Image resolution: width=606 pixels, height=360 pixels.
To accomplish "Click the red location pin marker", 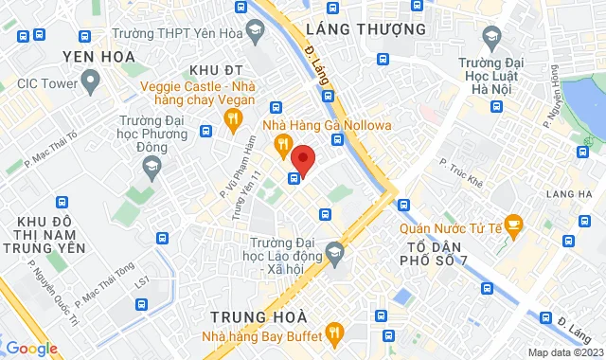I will [x=302, y=157].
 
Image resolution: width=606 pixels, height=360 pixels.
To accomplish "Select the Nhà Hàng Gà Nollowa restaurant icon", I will [x=281, y=144].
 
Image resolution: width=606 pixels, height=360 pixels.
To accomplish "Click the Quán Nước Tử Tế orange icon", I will [x=514, y=225].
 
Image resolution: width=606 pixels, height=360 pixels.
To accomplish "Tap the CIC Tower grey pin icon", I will [x=91, y=81].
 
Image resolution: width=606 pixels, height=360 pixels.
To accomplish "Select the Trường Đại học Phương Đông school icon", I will [x=151, y=166].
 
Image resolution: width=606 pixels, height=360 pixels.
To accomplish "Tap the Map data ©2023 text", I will [x=563, y=352].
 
